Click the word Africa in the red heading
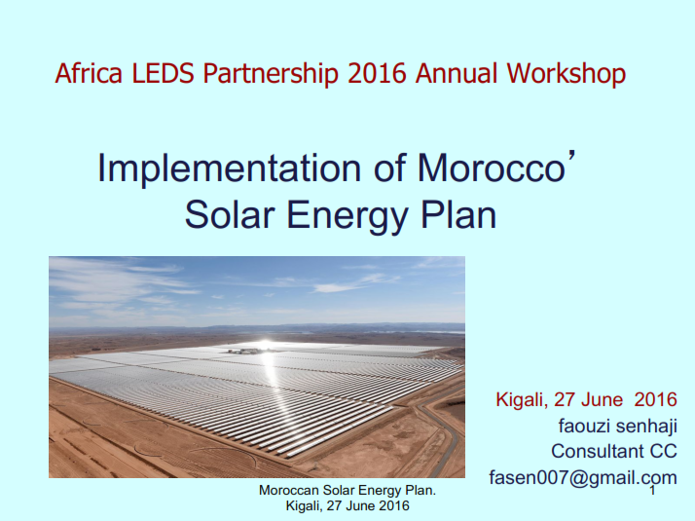(89, 73)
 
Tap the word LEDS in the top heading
(164, 73)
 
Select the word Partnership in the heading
(271, 74)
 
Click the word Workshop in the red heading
(566, 74)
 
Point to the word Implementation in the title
(229, 168)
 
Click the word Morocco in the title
(492, 168)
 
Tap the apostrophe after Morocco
(571, 157)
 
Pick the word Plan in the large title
(458, 214)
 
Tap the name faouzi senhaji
(618, 427)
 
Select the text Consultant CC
(614, 452)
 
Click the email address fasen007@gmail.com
(583, 478)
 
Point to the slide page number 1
(652, 491)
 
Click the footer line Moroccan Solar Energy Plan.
(347, 490)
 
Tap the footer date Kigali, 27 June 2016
(347, 505)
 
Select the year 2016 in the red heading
(377, 73)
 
